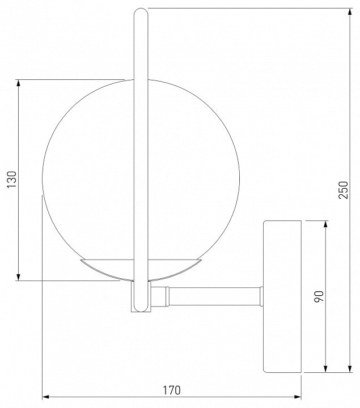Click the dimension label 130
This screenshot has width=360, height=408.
point(12,180)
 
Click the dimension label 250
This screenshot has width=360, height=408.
point(343,190)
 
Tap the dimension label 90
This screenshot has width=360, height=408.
point(319,296)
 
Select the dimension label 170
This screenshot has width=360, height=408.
point(172,390)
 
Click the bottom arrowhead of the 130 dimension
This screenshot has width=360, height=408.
point(18,277)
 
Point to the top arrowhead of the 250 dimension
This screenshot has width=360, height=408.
point(350,12)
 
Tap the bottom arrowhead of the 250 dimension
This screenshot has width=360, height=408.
point(350,368)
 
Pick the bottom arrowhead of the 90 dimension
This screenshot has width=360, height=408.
point(325,368)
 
